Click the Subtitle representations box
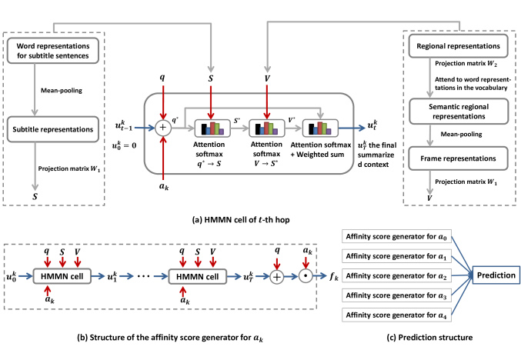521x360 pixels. (x=53, y=129)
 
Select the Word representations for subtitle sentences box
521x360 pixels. (x=53, y=51)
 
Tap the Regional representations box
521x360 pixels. (x=458, y=46)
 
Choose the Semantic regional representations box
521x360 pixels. (x=459, y=112)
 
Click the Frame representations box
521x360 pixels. (x=458, y=158)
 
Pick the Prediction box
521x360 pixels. (x=496, y=275)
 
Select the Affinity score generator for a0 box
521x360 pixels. (x=396, y=236)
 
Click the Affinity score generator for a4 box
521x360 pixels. (x=396, y=315)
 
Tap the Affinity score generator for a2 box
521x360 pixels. (x=396, y=275)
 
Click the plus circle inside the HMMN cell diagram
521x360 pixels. (x=163, y=128)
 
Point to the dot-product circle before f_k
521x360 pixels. (x=306, y=276)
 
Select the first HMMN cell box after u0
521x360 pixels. (x=62, y=276)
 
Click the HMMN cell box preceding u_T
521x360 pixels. (x=197, y=276)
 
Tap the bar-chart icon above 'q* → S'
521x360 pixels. (x=212, y=128)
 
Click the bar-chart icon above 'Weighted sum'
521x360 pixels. (x=320, y=128)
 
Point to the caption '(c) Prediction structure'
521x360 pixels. (x=429, y=338)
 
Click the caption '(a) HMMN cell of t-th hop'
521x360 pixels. (x=241, y=220)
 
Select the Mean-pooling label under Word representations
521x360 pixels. (x=62, y=90)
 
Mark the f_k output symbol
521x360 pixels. (x=333, y=276)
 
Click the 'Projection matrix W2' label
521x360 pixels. (x=466, y=63)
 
